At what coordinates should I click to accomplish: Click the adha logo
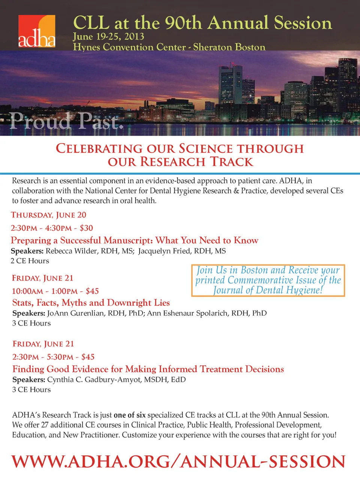click(37, 31)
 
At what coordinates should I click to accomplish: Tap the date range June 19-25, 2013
click(108, 36)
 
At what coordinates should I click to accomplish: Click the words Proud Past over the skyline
click(67, 121)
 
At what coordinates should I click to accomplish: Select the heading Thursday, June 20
click(49, 215)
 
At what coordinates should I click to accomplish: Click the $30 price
click(86, 228)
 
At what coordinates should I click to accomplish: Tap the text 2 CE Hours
click(30, 261)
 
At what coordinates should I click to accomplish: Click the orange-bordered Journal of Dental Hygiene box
click(268, 280)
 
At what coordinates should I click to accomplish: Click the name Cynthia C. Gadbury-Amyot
click(94, 380)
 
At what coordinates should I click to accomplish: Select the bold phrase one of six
click(129, 415)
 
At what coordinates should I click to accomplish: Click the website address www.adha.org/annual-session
click(178, 462)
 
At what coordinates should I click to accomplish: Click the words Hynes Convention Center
click(129, 47)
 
